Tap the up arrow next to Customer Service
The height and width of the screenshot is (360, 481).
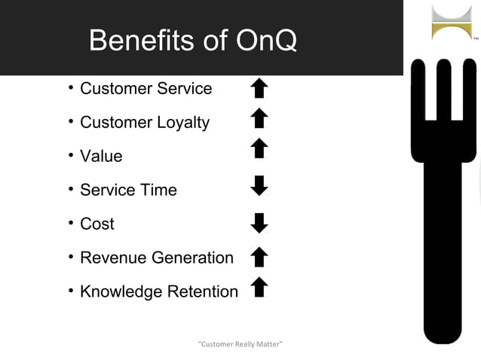point(259,89)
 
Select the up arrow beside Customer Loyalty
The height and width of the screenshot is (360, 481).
point(259,118)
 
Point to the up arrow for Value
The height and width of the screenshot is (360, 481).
point(259,148)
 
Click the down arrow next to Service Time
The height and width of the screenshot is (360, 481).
point(259,185)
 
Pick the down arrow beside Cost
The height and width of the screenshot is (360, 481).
point(259,223)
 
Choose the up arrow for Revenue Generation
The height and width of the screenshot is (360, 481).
point(259,258)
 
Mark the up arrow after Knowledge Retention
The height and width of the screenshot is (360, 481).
point(259,287)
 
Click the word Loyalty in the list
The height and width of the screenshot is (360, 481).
point(183,123)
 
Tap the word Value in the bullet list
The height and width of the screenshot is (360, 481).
point(101,157)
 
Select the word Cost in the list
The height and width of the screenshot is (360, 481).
point(97,224)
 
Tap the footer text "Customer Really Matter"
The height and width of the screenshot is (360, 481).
point(240,344)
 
